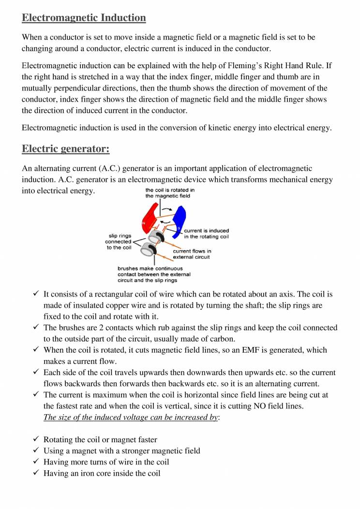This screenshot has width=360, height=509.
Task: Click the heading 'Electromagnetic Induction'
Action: pos(84,18)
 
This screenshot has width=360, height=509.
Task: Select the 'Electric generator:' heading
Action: pos(66,149)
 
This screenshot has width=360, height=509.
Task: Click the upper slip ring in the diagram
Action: pos(156,237)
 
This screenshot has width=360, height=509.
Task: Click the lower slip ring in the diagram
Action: pos(149,251)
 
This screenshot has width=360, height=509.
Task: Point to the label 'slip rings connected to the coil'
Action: pos(118,241)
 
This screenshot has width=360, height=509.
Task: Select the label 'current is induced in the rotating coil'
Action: pos(206,234)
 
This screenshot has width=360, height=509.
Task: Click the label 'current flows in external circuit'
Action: pos(192,254)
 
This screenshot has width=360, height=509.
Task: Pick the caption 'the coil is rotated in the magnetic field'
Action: pos(170,193)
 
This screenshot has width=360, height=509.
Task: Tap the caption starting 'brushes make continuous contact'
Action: pos(154,274)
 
